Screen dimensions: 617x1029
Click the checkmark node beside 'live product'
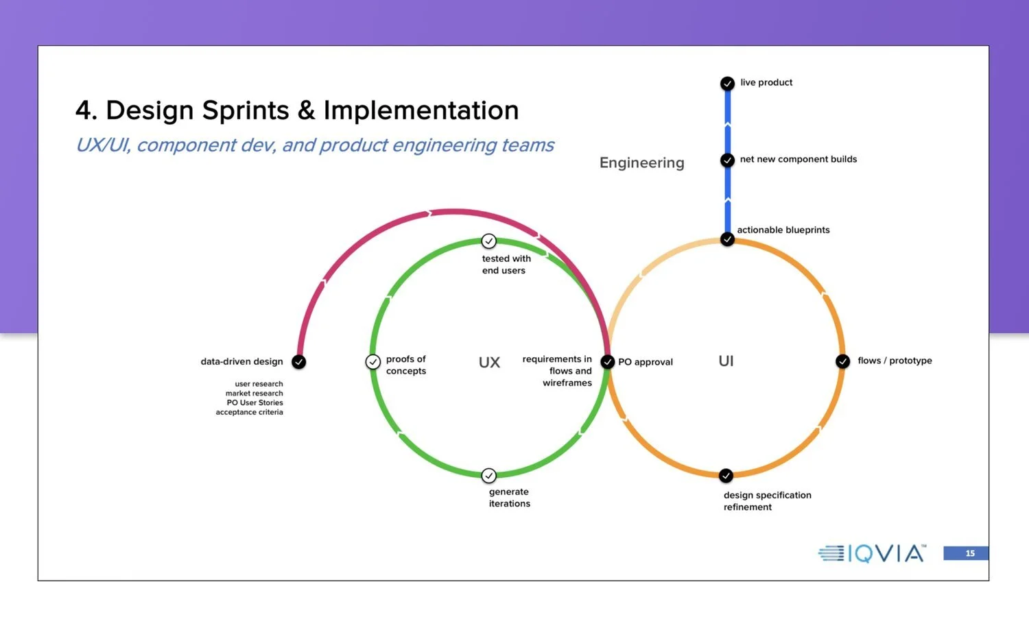click(727, 84)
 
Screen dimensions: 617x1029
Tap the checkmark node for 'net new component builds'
click(727, 160)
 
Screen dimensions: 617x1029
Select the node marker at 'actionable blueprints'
click(727, 239)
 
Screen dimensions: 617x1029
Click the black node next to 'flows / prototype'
click(843, 361)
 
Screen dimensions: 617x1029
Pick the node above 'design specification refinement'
click(726, 476)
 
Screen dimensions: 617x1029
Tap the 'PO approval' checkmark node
click(607, 362)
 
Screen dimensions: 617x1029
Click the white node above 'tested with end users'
click(488, 241)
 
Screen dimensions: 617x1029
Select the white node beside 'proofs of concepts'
click(372, 361)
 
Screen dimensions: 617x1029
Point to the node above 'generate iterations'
click(488, 475)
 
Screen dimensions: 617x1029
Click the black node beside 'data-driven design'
click(298, 362)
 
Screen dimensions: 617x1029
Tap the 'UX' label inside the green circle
click(489, 363)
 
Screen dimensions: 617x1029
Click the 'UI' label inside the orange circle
click(726, 361)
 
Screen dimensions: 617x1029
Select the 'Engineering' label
click(641, 163)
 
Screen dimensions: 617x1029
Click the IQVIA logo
click(872, 553)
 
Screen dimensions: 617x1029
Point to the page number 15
click(969, 553)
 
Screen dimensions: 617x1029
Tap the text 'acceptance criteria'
click(249, 412)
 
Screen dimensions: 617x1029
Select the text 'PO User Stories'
click(255, 402)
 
